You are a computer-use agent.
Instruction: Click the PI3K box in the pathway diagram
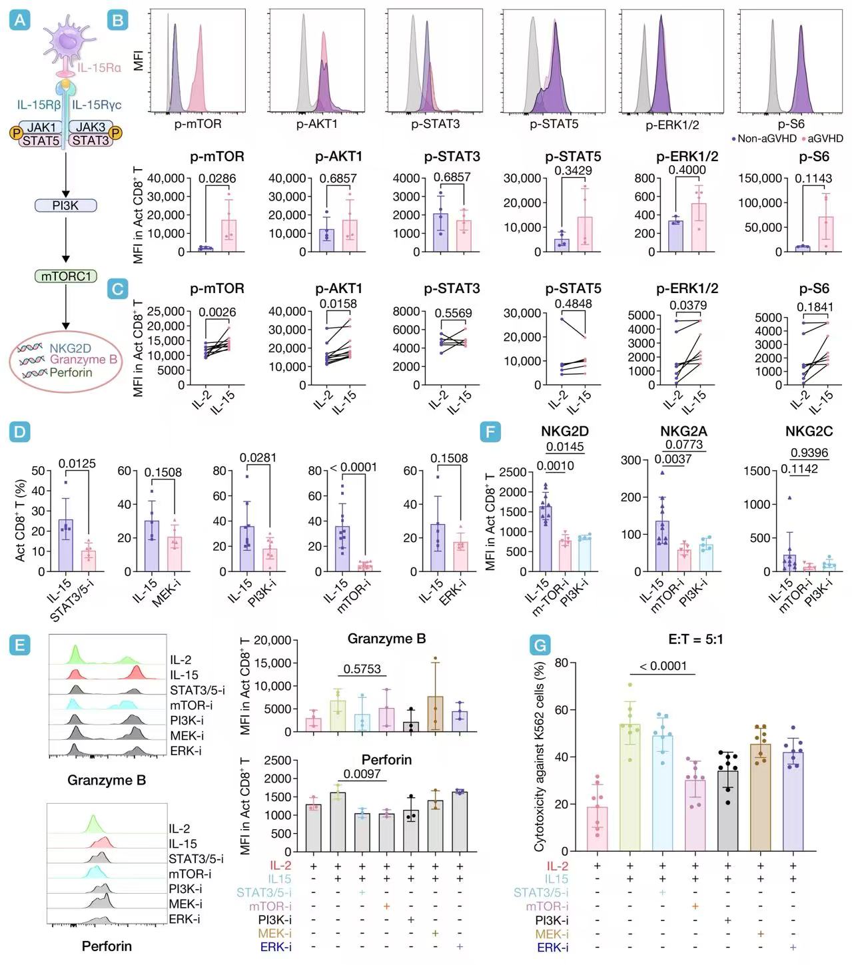click(x=65, y=206)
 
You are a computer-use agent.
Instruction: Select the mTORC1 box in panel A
click(x=65, y=276)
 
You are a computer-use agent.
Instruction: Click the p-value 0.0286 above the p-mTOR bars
click(x=217, y=178)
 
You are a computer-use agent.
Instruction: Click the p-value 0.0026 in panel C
click(x=217, y=312)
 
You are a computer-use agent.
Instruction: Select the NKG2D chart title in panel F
click(x=564, y=432)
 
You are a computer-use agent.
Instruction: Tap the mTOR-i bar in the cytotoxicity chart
click(x=695, y=815)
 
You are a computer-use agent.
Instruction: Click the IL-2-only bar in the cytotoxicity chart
click(x=597, y=828)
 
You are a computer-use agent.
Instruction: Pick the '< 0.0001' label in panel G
click(x=663, y=666)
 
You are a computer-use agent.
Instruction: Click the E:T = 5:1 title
click(x=695, y=639)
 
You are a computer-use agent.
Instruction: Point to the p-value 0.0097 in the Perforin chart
click(x=362, y=774)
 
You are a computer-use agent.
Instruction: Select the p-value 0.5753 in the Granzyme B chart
click(x=362, y=669)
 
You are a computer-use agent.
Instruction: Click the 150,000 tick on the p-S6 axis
click(x=759, y=178)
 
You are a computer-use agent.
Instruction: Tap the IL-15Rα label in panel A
click(x=99, y=67)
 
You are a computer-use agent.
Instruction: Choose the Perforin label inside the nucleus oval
click(x=71, y=372)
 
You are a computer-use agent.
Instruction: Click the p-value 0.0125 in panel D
click(x=77, y=464)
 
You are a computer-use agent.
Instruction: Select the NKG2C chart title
click(x=809, y=432)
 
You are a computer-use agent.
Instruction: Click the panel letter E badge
click(x=20, y=645)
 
